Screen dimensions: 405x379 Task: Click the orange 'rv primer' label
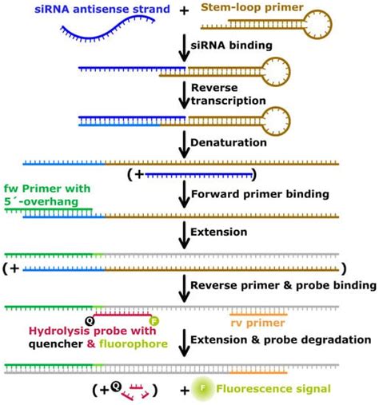(x=249, y=324)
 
